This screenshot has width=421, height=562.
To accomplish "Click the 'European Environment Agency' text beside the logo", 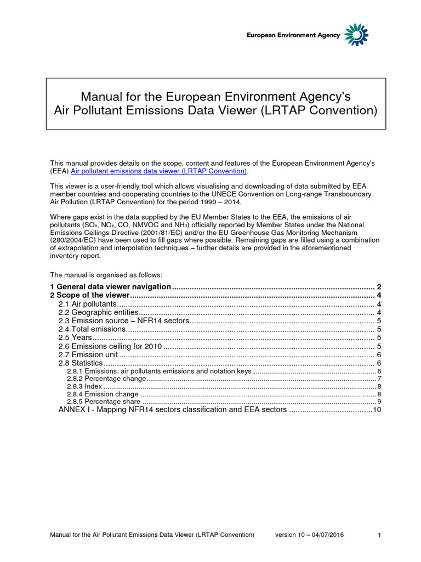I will point(293,36).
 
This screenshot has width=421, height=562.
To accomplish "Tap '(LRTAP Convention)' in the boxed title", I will point(323,111).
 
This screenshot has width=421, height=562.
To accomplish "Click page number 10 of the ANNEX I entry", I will point(376,410).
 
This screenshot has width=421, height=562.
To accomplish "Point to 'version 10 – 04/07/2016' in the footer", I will point(309,535).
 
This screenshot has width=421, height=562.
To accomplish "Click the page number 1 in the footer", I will point(379,535).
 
